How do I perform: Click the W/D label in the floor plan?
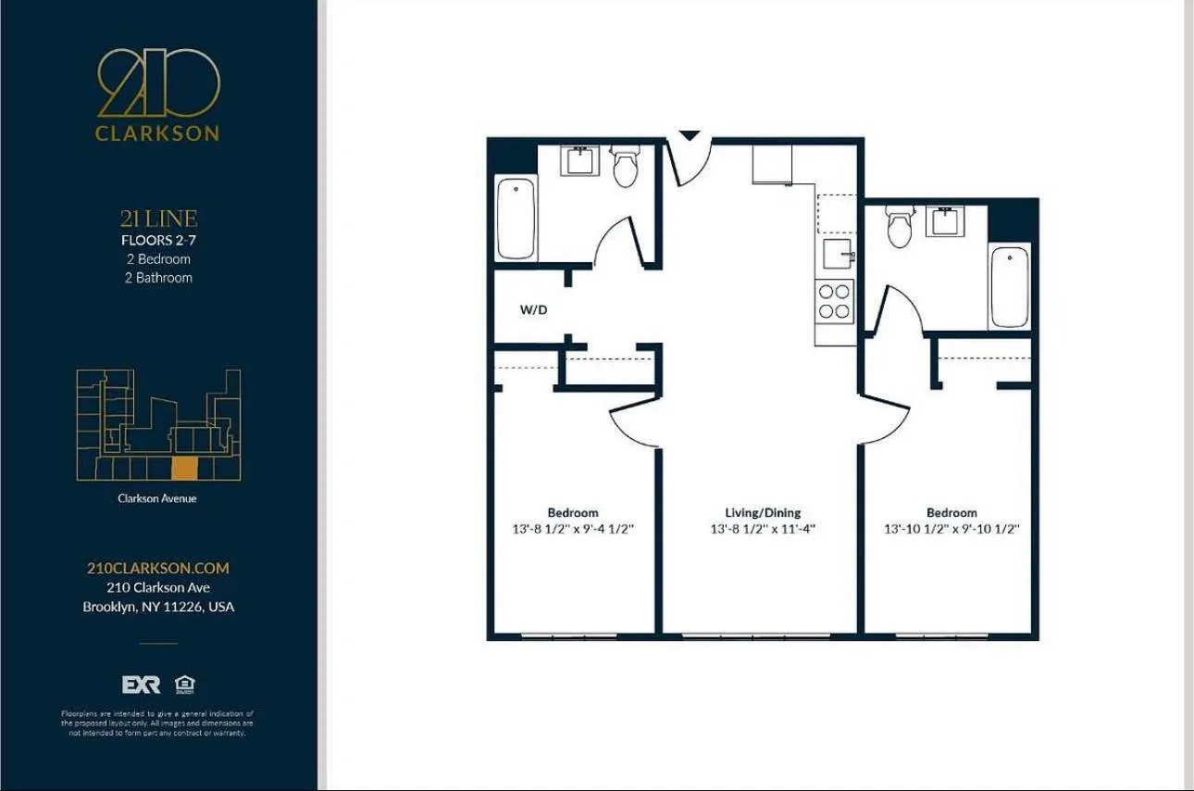point(533,310)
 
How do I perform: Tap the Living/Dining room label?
point(763,512)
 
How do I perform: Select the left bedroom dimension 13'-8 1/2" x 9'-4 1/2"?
point(573,530)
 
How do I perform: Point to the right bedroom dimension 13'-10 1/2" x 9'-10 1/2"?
point(951,530)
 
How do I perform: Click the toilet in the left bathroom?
point(626,168)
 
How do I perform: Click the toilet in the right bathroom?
point(899,226)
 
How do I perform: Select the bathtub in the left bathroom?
point(516,219)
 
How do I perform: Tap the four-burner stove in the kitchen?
point(834,301)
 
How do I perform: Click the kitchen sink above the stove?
point(838,253)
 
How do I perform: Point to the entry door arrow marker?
point(690,135)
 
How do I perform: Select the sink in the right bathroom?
point(945,221)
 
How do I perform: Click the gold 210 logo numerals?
point(158,84)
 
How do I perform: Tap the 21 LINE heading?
point(158,220)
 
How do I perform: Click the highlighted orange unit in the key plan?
point(185,469)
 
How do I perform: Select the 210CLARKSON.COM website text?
point(157,568)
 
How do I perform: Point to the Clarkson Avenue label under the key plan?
point(157,498)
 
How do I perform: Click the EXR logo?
point(141,684)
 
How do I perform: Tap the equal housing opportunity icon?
point(185,684)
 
